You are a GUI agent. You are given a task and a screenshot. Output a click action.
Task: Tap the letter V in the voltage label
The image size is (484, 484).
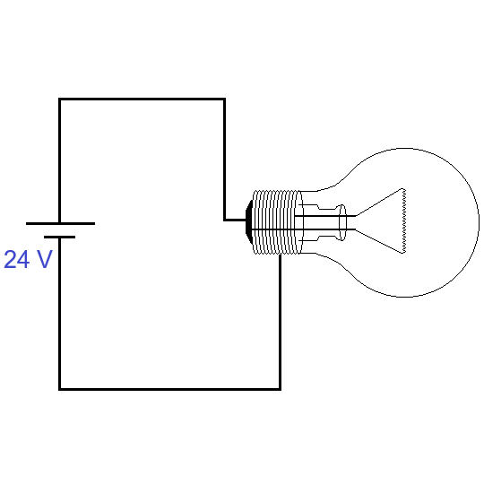tap(44, 260)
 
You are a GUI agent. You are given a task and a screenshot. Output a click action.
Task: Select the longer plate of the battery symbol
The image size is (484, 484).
tap(60, 222)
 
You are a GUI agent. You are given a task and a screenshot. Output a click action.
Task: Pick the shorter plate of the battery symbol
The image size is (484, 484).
tap(60, 238)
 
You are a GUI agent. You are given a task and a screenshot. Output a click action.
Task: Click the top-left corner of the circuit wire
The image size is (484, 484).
tap(60, 99)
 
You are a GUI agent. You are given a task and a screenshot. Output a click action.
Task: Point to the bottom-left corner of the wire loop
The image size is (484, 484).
tap(60, 388)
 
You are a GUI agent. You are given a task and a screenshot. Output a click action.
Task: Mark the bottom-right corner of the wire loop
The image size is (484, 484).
tap(280, 388)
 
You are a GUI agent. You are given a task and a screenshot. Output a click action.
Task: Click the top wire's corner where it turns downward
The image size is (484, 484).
tap(224, 99)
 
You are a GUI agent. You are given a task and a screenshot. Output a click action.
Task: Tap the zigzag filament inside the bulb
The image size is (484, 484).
tap(405, 220)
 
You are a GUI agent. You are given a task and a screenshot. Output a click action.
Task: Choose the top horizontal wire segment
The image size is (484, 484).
tap(142, 99)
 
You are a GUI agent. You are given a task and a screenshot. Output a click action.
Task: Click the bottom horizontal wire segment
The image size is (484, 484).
tap(170, 388)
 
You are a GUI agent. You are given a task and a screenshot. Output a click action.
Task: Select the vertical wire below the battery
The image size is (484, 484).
tap(60, 314)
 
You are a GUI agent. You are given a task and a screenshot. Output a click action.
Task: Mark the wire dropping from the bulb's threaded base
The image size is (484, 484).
tap(280, 323)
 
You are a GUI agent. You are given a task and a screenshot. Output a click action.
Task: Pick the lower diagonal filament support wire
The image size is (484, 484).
tap(381, 240)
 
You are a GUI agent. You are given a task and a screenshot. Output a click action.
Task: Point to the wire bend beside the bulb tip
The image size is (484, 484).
tap(225, 219)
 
